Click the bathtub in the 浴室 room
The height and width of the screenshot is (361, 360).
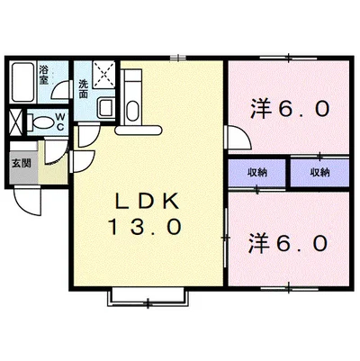tap(22, 82)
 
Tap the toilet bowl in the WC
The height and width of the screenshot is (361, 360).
tap(40, 122)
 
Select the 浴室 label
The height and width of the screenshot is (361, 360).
tap(44, 75)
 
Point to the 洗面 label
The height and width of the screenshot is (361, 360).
tap(83, 89)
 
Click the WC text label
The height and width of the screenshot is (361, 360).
tap(60, 122)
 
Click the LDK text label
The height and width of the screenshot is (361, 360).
tap(148, 203)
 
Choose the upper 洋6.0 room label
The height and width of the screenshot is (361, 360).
tap(290, 109)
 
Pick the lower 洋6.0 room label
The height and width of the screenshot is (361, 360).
tap(288, 243)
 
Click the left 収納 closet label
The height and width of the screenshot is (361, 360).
tap(257, 173)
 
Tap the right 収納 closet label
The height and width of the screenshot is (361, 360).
tap(320, 173)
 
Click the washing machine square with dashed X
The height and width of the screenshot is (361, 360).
tap(103, 75)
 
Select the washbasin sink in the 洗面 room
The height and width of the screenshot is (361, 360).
tap(106, 107)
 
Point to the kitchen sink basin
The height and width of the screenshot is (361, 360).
tap(132, 111)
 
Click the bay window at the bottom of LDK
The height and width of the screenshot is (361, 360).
tap(148, 297)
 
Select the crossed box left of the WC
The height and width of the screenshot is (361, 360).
tap(16, 122)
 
